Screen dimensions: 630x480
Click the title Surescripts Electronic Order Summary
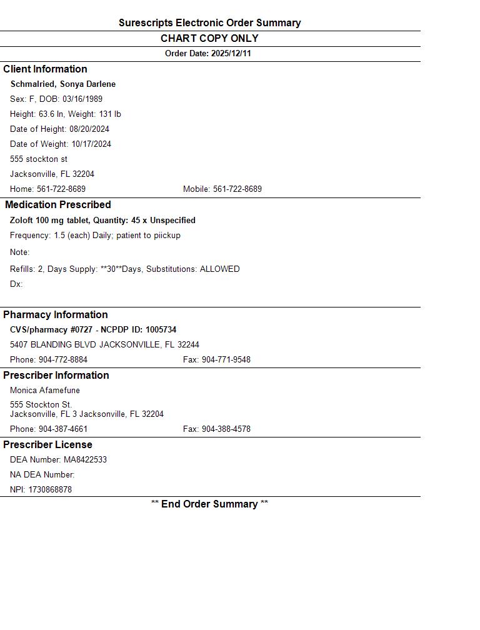(x=209, y=23)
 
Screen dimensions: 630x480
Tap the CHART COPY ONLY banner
(x=209, y=39)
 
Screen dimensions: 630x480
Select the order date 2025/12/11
(x=231, y=54)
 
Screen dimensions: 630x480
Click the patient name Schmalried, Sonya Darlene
(x=62, y=84)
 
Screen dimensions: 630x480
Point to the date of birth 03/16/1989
(x=82, y=99)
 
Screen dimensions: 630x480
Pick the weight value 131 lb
(x=110, y=114)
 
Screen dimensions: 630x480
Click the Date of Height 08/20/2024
(x=89, y=129)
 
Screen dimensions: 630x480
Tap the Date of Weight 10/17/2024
(x=91, y=144)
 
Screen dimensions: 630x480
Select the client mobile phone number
(x=237, y=189)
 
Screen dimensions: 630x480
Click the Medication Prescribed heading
(x=57, y=205)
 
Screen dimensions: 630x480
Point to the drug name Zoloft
(x=22, y=221)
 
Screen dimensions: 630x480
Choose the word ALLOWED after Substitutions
(x=219, y=269)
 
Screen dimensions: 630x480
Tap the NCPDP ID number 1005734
(x=161, y=330)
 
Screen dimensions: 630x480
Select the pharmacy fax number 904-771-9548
(x=226, y=360)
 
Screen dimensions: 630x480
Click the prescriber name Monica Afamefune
(x=45, y=391)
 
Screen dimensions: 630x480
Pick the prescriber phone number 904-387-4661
(x=63, y=429)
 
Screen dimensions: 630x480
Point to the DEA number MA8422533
(x=85, y=460)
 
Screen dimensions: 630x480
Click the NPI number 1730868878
(x=50, y=490)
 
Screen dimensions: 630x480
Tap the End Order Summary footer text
(x=209, y=504)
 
